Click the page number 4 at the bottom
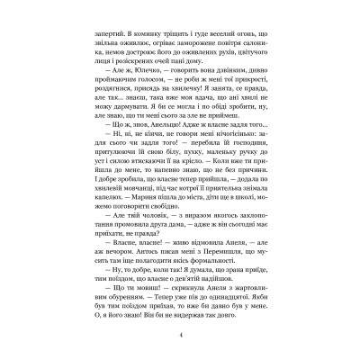[x=180, y=335]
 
